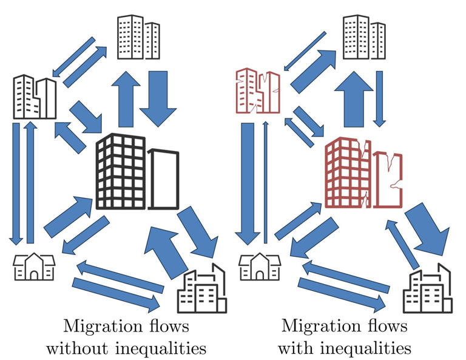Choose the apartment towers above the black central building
coord(138,38)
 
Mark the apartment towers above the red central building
coord(363,38)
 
